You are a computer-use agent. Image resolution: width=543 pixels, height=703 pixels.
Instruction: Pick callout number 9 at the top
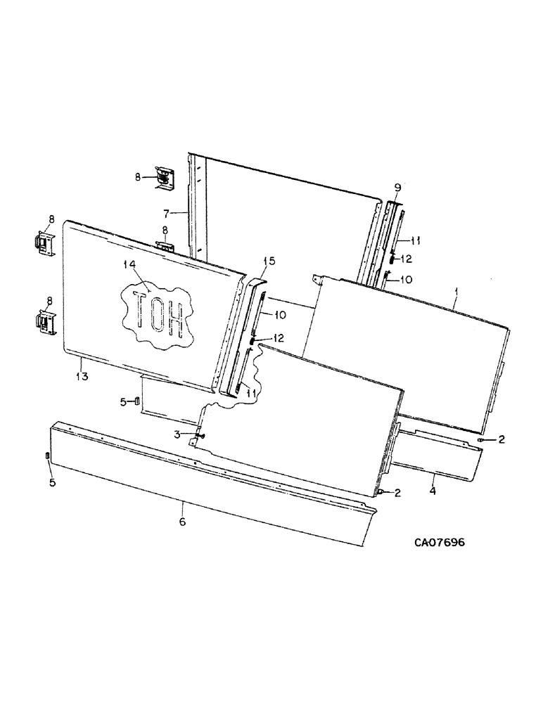(397, 187)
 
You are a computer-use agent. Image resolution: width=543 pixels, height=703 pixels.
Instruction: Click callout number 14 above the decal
(128, 266)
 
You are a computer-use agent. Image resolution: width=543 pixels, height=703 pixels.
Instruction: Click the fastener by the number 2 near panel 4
(480, 441)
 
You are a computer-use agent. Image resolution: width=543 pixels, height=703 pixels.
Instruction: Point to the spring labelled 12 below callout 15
(250, 340)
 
